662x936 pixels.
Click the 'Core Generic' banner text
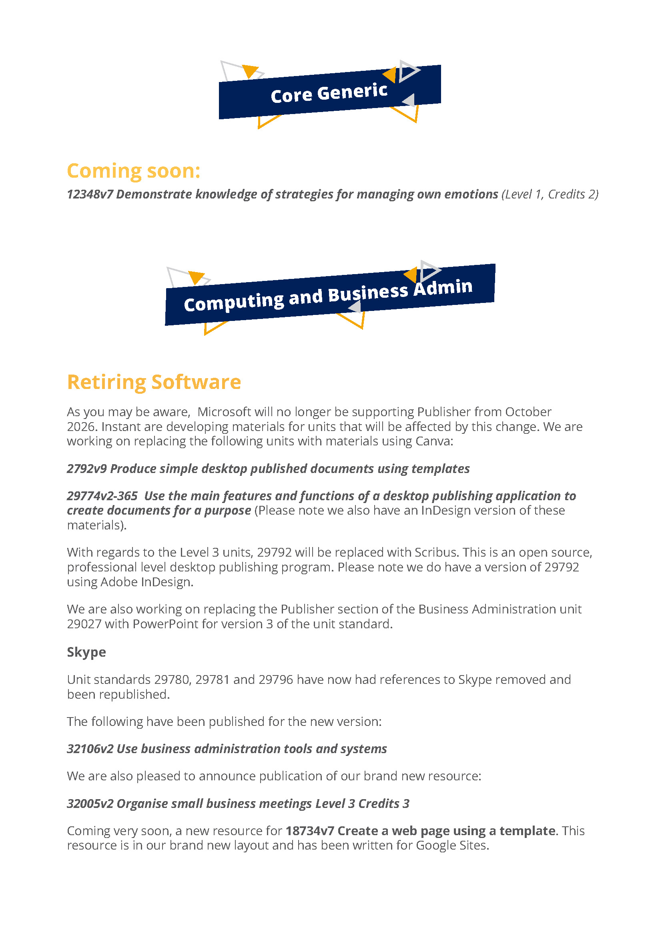tap(329, 93)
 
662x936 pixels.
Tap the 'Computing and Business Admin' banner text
tap(328, 295)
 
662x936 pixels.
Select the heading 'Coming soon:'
tap(133, 171)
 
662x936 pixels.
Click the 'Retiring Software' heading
tap(154, 382)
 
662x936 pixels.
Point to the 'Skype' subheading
tap(86, 652)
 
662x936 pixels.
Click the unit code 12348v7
tap(90, 194)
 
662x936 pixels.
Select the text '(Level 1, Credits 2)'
tap(550, 194)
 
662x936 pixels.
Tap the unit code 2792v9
tap(87, 469)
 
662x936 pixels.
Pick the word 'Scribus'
tap(437, 552)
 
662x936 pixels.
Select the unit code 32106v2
tap(90, 748)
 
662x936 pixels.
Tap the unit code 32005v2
tap(90, 803)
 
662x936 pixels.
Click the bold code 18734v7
tap(310, 830)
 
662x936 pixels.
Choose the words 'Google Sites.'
tap(452, 845)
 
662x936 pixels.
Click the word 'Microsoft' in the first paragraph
tap(224, 412)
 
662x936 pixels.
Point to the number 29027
tap(84, 624)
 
